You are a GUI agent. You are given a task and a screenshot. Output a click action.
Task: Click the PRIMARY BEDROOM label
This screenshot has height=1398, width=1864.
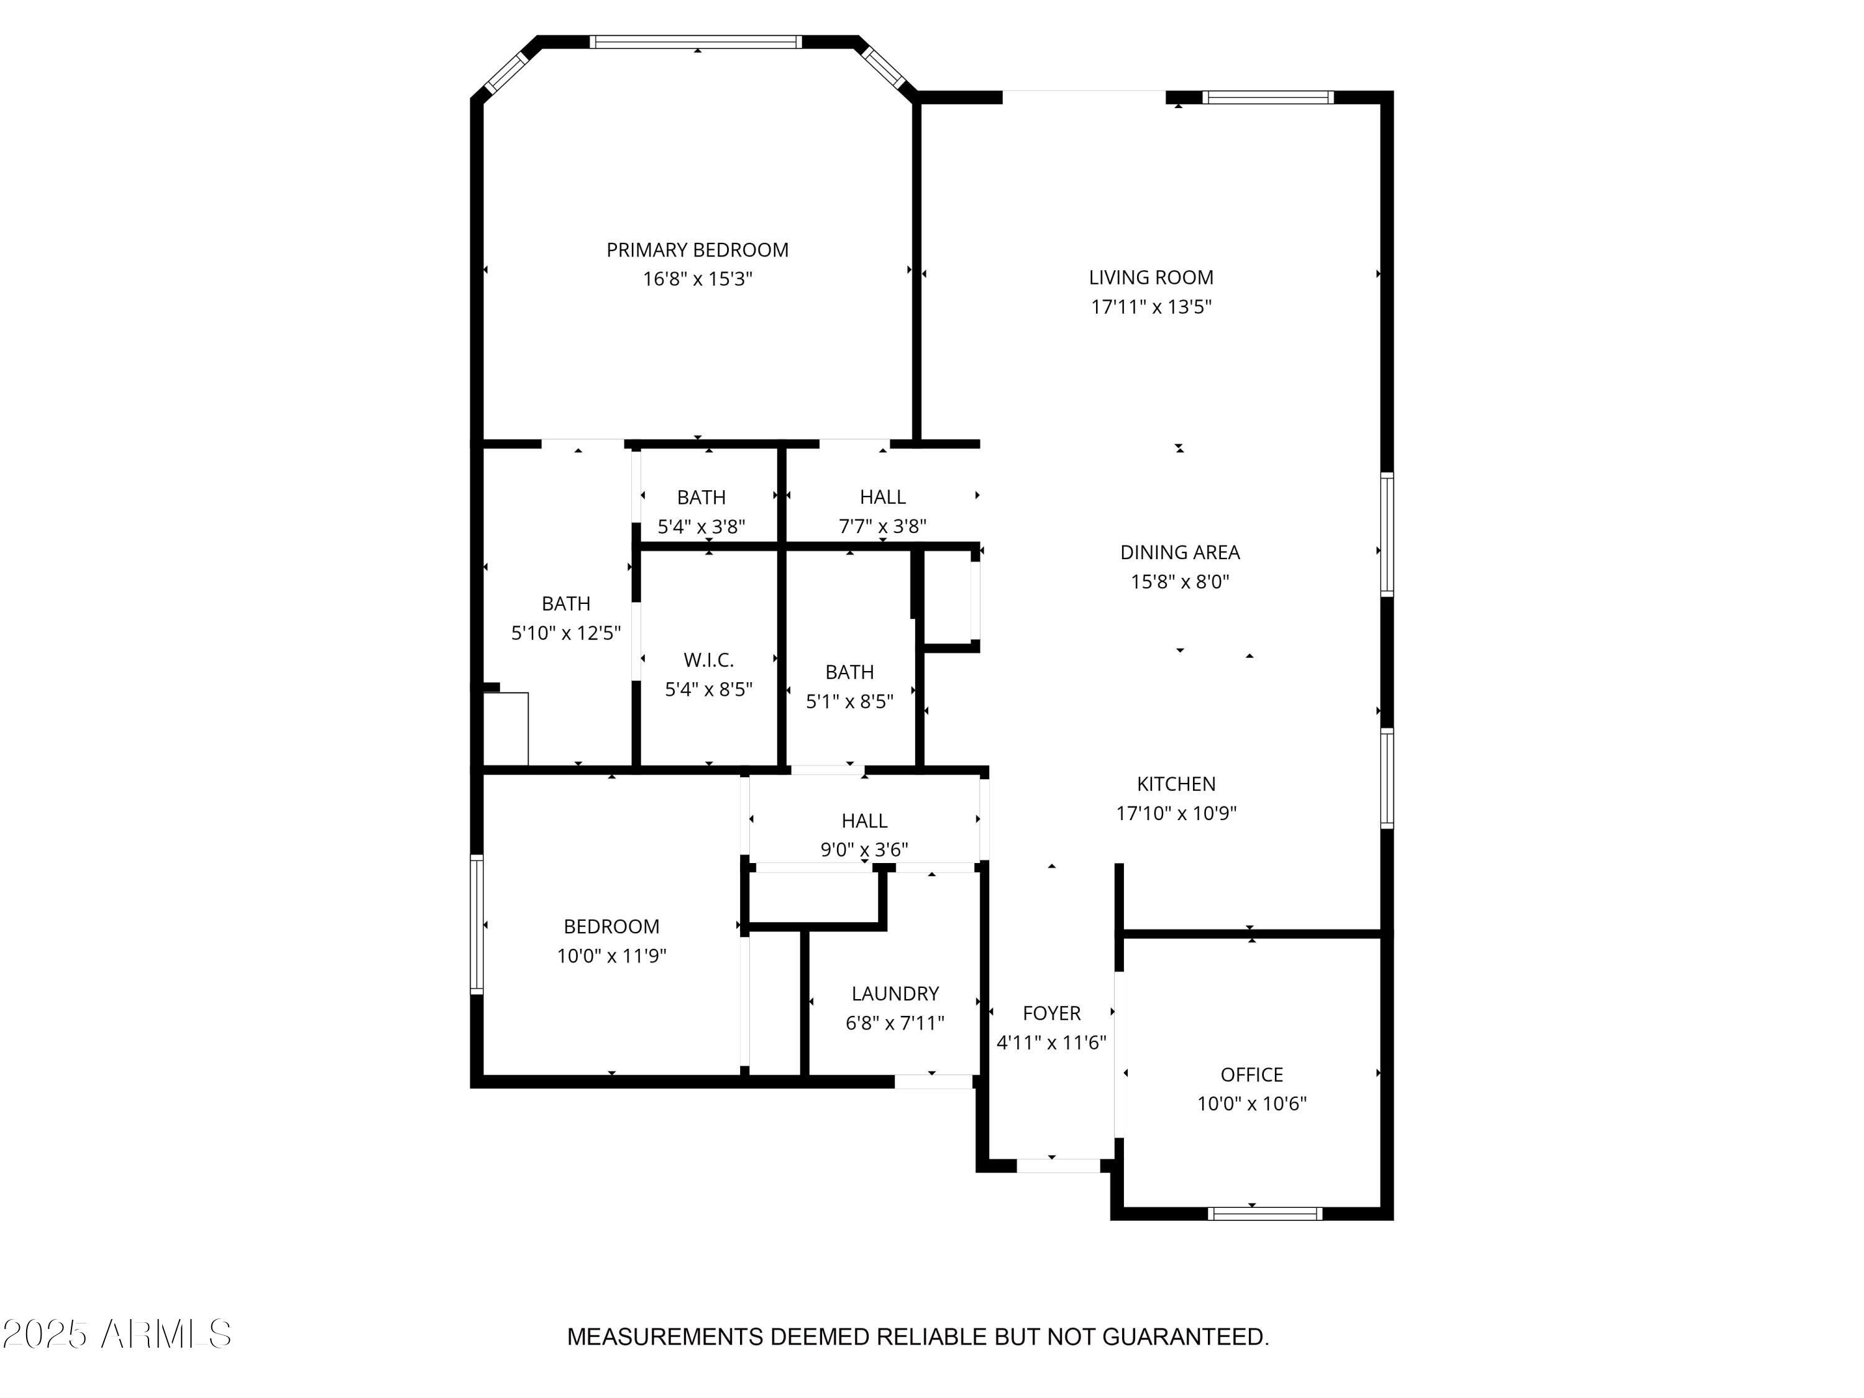point(697,250)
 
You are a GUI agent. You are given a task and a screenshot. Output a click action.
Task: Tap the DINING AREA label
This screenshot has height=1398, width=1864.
point(1180,553)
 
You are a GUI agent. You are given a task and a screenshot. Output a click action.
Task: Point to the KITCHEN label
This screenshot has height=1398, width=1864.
point(1176,785)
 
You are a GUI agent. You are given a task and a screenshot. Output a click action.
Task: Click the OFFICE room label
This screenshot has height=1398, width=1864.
point(1251,1076)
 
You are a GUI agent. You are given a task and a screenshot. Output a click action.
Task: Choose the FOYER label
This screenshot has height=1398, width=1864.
point(1052,1014)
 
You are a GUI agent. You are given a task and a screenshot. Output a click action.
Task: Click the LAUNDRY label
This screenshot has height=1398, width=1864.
point(895,994)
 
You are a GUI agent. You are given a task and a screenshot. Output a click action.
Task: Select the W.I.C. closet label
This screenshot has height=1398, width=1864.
point(709,660)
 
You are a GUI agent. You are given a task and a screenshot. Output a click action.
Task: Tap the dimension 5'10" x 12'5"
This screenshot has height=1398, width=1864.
point(566,633)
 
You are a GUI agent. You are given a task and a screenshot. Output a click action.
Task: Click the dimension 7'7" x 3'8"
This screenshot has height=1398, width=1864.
point(882,527)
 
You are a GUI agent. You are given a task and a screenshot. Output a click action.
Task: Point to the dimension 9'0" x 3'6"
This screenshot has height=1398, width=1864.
point(865,849)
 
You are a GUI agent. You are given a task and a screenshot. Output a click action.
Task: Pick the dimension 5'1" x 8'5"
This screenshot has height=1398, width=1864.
point(849,702)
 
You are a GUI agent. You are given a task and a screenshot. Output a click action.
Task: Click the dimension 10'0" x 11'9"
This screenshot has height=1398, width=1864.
point(612,956)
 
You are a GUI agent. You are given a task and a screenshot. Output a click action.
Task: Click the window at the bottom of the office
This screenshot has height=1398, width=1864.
point(1265,1213)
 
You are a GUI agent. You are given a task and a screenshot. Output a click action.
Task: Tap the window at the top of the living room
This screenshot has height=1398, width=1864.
point(1268,97)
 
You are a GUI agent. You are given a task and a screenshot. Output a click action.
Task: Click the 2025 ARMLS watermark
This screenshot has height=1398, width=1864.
point(116,1334)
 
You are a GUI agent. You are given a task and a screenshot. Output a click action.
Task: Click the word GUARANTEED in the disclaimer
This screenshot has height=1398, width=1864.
point(1185,1336)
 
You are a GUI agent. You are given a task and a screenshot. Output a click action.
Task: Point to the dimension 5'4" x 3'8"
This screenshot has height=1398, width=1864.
point(701,528)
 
